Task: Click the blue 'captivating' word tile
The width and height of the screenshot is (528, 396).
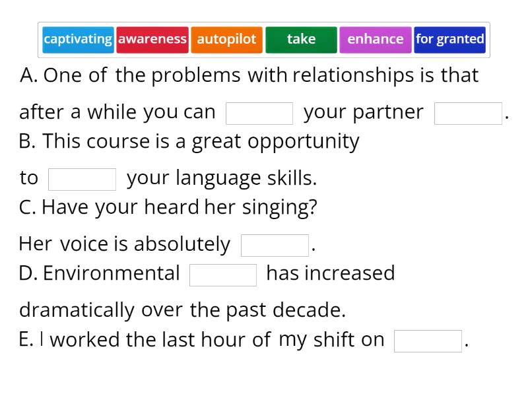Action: tap(78, 39)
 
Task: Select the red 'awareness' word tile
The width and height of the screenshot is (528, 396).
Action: tap(152, 39)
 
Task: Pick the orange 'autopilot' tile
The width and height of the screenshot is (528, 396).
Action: tap(226, 39)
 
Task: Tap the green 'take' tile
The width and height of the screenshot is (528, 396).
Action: tap(301, 39)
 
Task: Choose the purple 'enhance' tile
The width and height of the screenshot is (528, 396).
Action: tap(375, 39)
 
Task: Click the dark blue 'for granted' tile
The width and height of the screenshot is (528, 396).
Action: tap(449, 39)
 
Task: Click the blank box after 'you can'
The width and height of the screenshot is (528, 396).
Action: tap(259, 113)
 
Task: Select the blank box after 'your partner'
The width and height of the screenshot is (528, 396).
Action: tap(468, 113)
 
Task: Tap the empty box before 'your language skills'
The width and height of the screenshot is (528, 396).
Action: tap(82, 179)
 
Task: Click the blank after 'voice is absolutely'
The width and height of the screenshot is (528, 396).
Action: tap(275, 245)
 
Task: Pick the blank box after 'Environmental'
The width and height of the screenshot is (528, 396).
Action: tap(223, 275)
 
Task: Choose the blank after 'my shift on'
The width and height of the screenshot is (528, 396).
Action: tap(428, 341)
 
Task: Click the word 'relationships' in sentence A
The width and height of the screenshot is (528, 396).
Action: tap(353, 75)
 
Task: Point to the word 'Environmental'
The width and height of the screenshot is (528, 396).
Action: tap(112, 273)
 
